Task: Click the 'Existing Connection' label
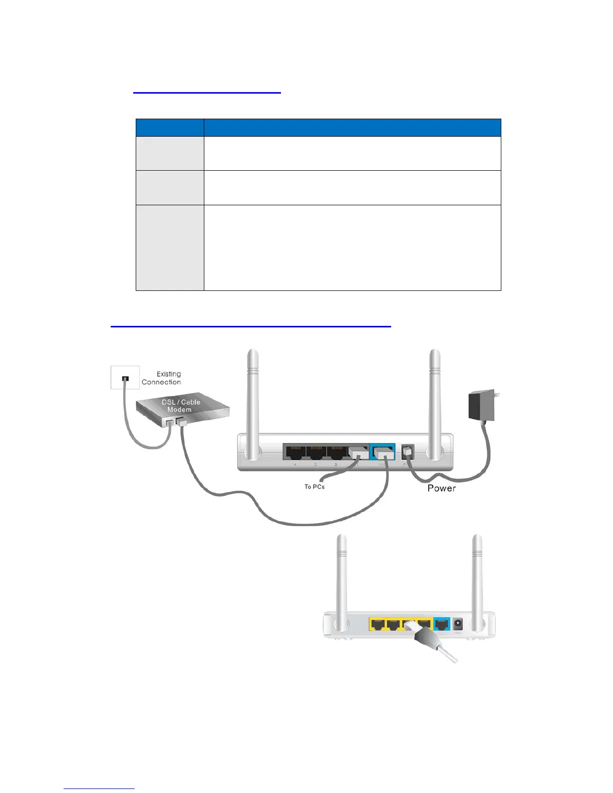(x=162, y=378)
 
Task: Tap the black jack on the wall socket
(x=125, y=378)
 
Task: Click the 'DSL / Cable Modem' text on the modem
(x=180, y=406)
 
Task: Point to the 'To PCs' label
(x=315, y=487)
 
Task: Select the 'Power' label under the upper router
(x=441, y=488)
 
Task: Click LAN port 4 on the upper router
(x=294, y=452)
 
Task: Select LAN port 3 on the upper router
(x=316, y=452)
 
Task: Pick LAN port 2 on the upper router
(x=336, y=452)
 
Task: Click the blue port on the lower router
(x=441, y=624)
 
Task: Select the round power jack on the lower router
(x=457, y=624)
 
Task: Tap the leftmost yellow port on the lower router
(x=378, y=624)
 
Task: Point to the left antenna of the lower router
(x=342, y=581)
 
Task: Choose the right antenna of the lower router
(x=477, y=581)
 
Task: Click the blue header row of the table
(x=318, y=128)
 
